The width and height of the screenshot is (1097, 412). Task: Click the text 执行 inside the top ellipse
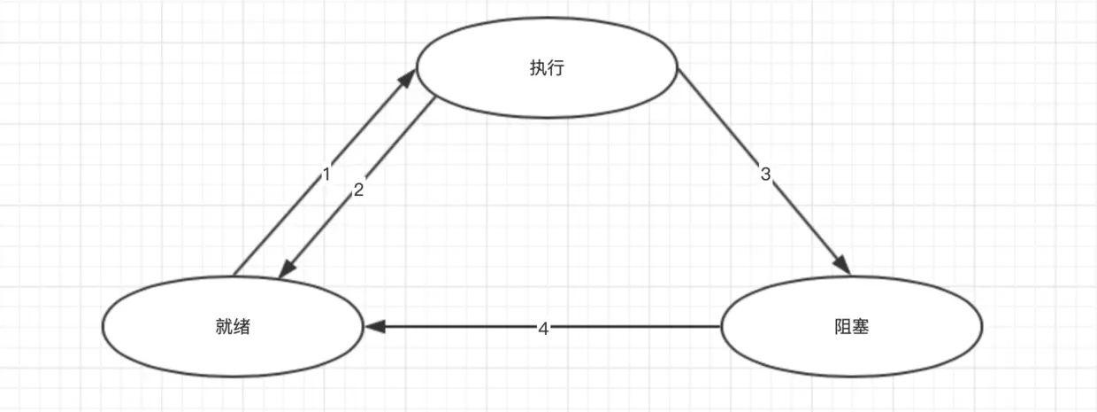coord(547,69)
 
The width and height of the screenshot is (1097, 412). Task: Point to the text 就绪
coord(233,327)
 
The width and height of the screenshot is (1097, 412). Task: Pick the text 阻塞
coord(851,327)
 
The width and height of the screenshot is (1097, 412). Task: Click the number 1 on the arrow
coord(326,175)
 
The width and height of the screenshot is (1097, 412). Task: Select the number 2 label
coord(358,189)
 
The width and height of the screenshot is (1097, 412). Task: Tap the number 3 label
coord(766,175)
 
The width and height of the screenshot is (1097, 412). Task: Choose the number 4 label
coord(543,328)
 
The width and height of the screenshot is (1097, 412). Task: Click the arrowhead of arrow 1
coord(408,77)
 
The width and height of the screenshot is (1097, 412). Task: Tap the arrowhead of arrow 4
coord(373,327)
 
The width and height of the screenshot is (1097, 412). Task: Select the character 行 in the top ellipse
coord(556,69)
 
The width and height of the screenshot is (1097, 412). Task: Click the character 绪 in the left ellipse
coord(242,327)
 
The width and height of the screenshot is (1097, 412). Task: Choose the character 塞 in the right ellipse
coord(860,327)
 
